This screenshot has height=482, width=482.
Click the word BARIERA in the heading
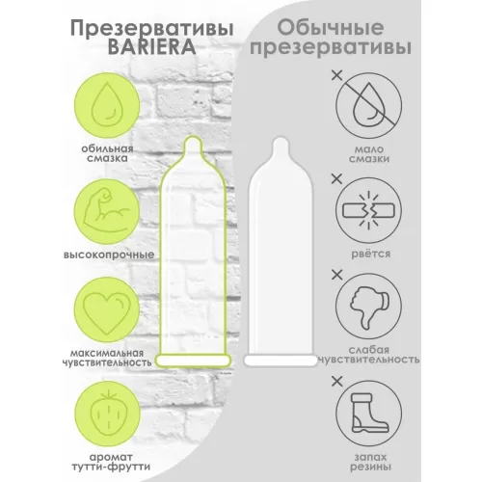coord(151,47)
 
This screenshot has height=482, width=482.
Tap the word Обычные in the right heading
coord(331,28)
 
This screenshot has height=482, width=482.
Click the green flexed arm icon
coord(107,212)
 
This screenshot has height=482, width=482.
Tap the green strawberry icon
coord(108,415)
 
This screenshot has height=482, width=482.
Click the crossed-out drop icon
coord(368,105)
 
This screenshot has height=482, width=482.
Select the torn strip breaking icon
coord(368,211)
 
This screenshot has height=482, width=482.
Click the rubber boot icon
coord(368,413)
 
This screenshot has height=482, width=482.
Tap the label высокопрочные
coord(109,254)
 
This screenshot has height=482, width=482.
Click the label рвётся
coord(370,254)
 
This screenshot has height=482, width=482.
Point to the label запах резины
coord(370,462)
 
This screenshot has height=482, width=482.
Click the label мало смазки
coord(369,154)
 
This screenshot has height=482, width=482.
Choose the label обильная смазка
coord(107,153)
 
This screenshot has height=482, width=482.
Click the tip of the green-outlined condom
coord(194,137)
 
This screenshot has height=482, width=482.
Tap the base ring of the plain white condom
coord(281,361)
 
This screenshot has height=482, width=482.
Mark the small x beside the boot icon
coord(336,382)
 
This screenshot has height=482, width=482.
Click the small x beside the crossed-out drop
coord(336,76)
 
